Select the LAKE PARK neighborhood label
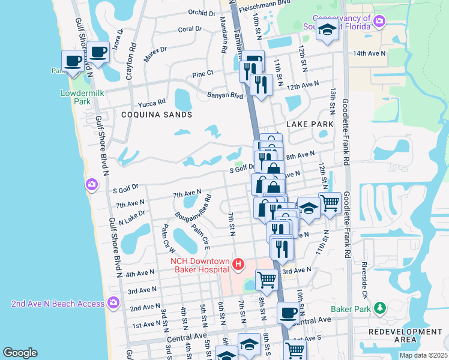click(309, 124)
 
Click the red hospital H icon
click(239, 264)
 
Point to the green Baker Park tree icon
click(379, 308)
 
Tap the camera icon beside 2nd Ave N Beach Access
click(113, 303)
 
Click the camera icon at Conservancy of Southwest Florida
click(379, 22)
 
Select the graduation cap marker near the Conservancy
click(327, 29)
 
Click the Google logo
click(20, 353)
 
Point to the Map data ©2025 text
click(423, 355)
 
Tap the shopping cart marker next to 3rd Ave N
click(266, 278)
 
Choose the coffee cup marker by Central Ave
click(288, 313)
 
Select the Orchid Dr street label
click(201, 12)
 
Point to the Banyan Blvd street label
click(226, 95)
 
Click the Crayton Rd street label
click(134, 52)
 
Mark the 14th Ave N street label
click(369, 53)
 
